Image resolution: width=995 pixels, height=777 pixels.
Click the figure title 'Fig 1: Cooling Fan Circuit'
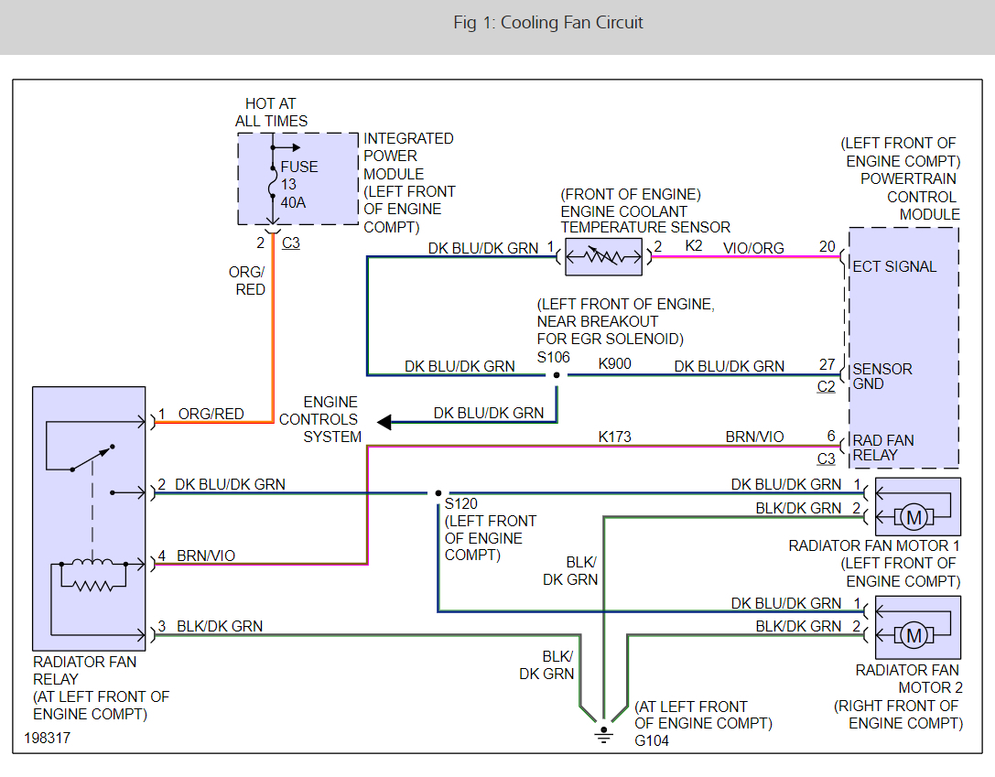548,23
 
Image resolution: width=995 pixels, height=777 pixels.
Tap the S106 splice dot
557,374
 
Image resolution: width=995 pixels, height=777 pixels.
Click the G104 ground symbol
604,733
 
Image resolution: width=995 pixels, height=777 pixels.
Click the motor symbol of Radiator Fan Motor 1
913,518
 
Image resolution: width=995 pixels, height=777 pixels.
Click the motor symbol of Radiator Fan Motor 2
913,634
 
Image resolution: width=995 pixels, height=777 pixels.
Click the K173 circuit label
615,437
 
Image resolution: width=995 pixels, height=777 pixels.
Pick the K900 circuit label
615,364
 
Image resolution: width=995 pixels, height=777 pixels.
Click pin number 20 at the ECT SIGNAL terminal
827,246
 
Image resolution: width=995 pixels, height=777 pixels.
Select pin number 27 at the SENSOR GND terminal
827,364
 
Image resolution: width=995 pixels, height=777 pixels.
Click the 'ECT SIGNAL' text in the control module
894,267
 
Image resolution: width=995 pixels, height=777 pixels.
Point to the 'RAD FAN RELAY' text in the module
882,448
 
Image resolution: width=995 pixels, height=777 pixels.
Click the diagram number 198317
47,737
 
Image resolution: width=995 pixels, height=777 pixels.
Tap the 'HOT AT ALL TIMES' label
271,113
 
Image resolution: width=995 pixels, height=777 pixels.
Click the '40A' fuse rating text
293,202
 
